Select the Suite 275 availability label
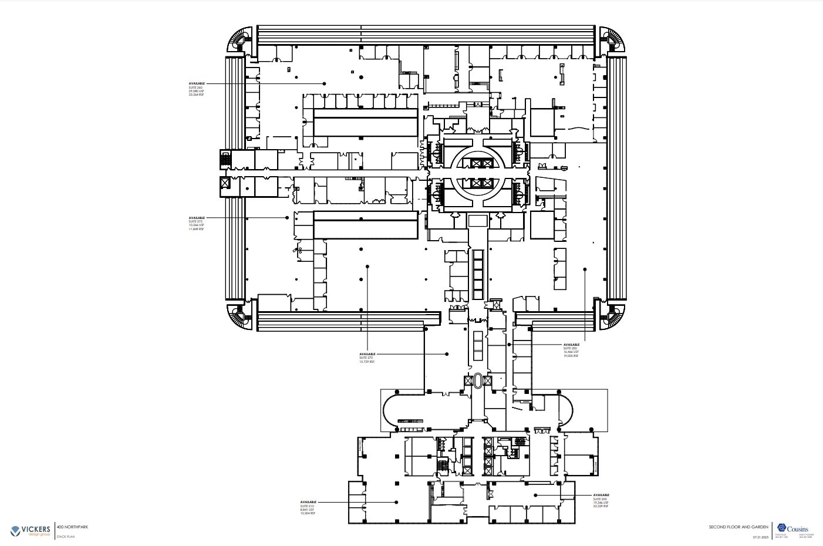click(x=197, y=223)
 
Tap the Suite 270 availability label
click(x=367, y=358)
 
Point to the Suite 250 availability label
click(x=571, y=350)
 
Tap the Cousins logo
click(x=793, y=528)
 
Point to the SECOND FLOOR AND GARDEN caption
click(x=738, y=527)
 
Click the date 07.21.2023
click(x=760, y=537)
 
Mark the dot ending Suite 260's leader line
click(x=324, y=84)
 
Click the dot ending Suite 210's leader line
click(x=396, y=503)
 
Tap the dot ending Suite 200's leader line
click(x=535, y=496)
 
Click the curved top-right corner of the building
click(x=613, y=40)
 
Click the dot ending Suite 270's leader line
click(x=447, y=354)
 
